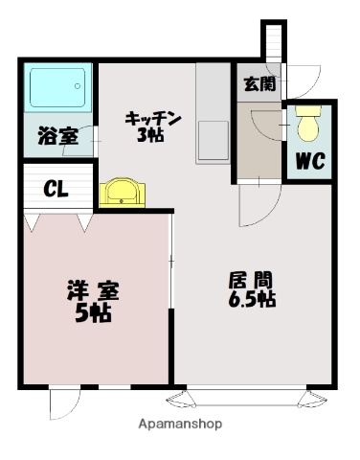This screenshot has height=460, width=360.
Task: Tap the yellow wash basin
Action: pos(120,192)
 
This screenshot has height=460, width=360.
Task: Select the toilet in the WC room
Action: pos(307,125)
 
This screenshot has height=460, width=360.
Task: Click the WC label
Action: pos(308,160)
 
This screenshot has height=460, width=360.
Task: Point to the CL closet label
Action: pos(56,188)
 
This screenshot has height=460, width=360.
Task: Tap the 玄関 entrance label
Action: pos(259,83)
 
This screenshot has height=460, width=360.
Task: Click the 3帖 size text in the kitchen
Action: pos(149,135)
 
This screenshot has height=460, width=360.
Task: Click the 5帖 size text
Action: pos(93,313)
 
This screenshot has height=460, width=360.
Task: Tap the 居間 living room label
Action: pos(254,281)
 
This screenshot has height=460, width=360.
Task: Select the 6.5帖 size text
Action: pos(253,300)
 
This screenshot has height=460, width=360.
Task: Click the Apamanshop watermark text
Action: pos(180,424)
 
